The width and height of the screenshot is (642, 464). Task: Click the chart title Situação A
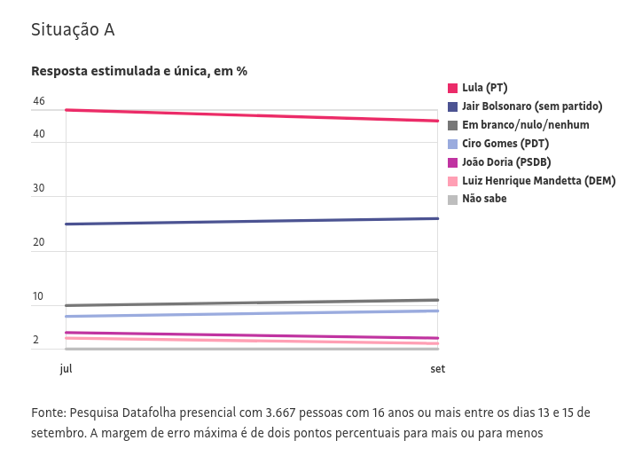tap(73, 30)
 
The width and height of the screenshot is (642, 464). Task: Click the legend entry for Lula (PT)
tap(484, 88)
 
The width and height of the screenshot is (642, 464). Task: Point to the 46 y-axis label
tap(39, 101)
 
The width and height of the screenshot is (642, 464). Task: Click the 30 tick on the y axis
tap(39, 188)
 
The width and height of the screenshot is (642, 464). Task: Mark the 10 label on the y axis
tap(39, 296)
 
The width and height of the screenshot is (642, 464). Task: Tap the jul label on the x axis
tap(66, 369)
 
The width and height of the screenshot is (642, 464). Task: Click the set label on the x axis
tap(438, 369)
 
